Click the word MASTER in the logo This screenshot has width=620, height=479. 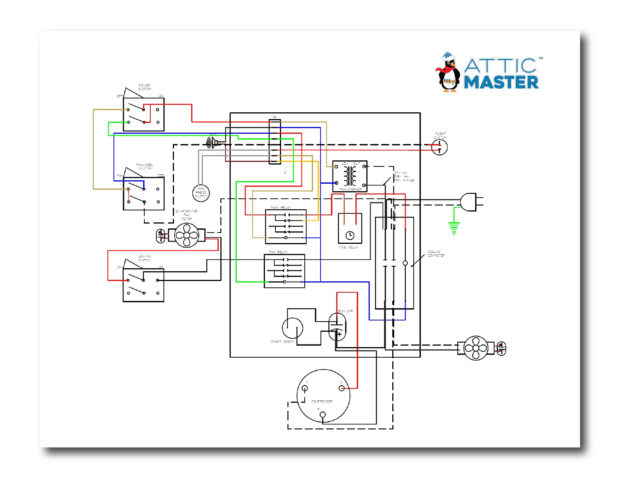(x=501, y=82)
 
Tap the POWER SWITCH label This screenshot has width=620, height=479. (x=144, y=87)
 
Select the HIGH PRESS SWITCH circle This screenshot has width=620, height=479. (x=201, y=193)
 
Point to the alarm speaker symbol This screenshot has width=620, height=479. (x=212, y=142)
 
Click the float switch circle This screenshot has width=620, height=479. (x=439, y=147)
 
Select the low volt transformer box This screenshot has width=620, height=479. (x=350, y=176)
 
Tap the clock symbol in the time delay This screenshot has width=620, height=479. (x=350, y=235)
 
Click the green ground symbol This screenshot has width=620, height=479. (x=454, y=228)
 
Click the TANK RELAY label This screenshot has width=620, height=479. (x=281, y=207)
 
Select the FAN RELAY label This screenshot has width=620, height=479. (x=278, y=252)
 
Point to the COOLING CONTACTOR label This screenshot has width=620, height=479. (x=436, y=254)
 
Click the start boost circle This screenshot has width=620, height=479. (x=292, y=328)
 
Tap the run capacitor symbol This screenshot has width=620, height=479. (x=337, y=326)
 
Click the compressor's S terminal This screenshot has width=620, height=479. (x=342, y=388)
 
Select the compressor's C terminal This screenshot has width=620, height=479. (x=305, y=388)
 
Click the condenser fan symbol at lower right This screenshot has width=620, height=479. (x=476, y=348)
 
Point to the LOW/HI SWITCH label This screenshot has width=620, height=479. (x=144, y=258)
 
